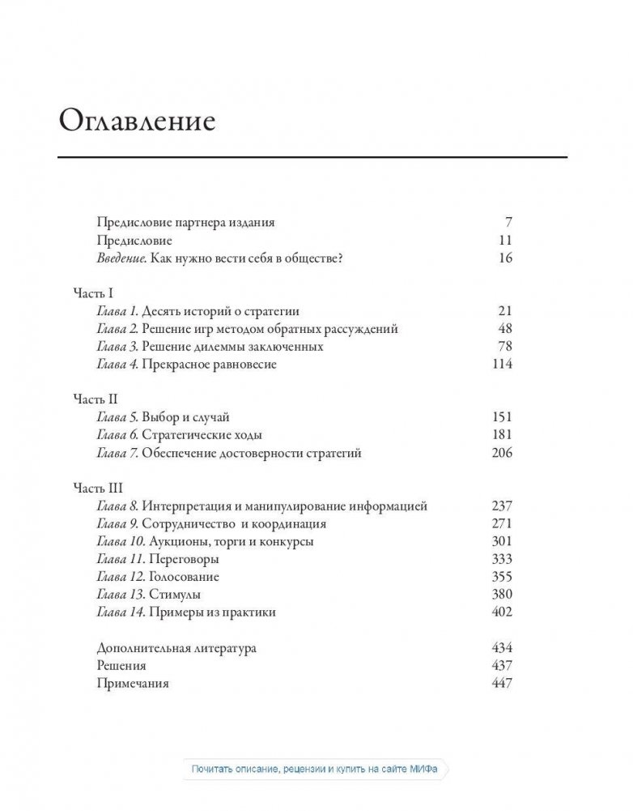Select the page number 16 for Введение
pos(506,258)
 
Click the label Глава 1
pos(117,312)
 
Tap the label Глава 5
pos(117,418)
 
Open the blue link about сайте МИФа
pos(316,770)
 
